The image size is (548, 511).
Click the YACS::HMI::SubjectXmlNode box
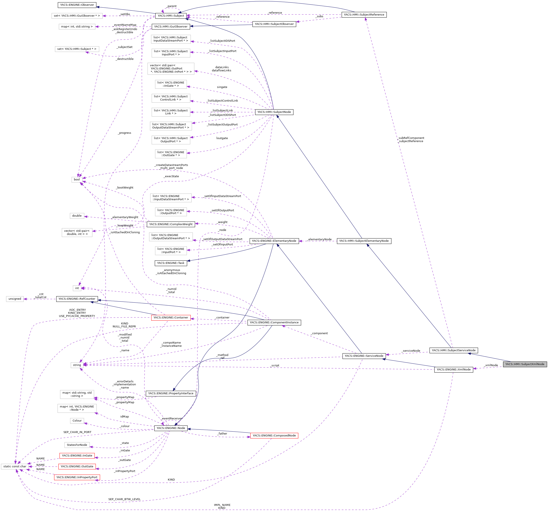coord(525,364)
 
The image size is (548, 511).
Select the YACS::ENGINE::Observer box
coord(77,5)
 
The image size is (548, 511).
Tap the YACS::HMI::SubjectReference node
coord(364,15)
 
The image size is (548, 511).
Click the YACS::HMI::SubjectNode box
coord(274,112)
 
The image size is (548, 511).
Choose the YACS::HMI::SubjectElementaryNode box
coord(364,241)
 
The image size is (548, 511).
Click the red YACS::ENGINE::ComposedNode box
coord(274,435)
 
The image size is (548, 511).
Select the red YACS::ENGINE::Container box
coord(171,318)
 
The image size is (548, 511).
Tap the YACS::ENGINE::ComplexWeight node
coord(171,224)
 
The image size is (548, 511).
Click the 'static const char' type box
coord(15,466)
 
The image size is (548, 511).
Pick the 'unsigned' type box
coord(15,299)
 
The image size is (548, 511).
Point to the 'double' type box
coord(77,216)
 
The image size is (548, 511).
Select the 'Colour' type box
coord(77,421)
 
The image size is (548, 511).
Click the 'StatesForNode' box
coord(77,445)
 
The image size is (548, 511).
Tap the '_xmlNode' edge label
coord(491,365)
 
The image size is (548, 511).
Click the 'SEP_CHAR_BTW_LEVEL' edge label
coord(124,499)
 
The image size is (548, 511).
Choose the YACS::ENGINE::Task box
coord(171,263)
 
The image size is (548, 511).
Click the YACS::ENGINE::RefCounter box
coord(77,299)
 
